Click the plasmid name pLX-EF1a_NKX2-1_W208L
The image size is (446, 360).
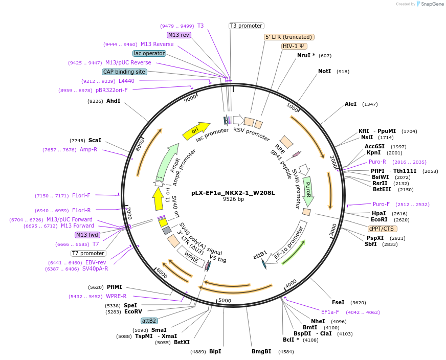coord(233,193)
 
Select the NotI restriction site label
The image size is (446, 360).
coord(324,71)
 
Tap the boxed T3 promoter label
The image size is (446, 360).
coord(246,26)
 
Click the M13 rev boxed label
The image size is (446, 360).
coord(179,35)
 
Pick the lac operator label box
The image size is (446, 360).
coord(149,53)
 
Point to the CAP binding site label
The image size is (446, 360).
coord(124,72)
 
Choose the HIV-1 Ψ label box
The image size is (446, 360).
coord(295,46)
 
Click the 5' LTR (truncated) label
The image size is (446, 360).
coord(289,37)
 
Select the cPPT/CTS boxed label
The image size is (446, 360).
coord(382,229)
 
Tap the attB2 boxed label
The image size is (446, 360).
coord(149,321)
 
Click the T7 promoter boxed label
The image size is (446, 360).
coord(88,253)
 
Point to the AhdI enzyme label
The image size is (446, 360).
coord(113,101)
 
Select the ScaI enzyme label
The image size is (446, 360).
coord(95,140)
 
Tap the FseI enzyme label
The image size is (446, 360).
coord(338,302)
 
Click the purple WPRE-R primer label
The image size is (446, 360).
coord(116,296)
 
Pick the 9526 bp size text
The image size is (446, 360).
coord(233,199)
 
